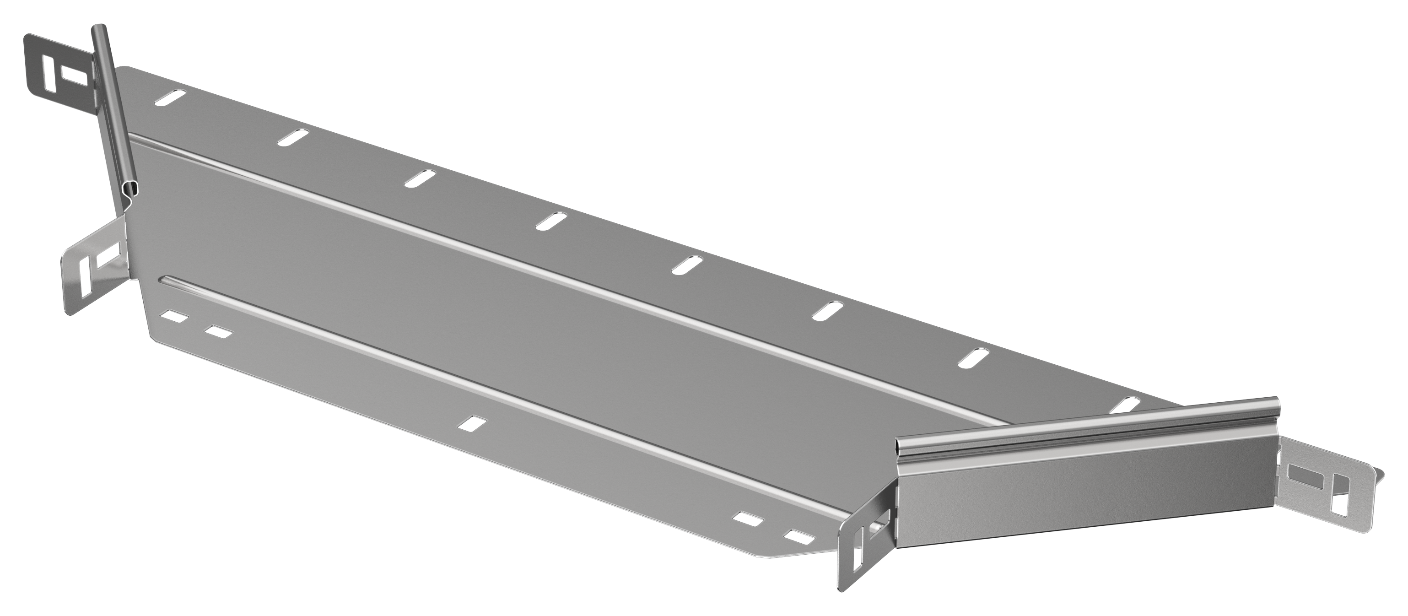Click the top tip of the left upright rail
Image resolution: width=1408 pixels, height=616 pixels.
pyautogui.click(x=98, y=28)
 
